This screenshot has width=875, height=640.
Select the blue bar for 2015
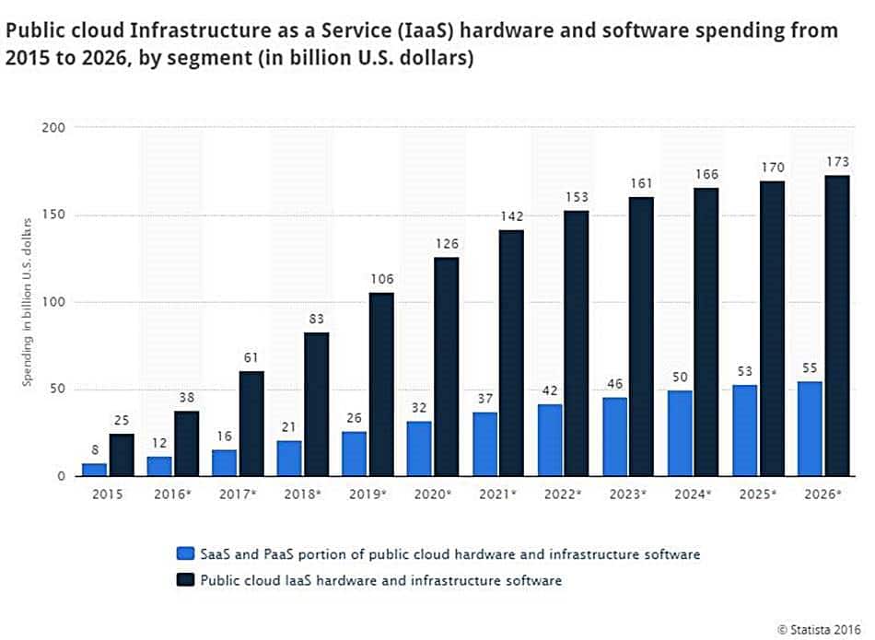pos(94,470)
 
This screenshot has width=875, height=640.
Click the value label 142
pos(512,216)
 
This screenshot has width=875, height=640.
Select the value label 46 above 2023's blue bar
pos(614,384)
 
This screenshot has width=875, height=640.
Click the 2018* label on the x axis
pos(304,495)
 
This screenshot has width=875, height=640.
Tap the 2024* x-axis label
pos(694,495)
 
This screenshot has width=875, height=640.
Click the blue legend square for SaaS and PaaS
pos(184,554)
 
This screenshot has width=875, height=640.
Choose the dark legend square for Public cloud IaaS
pos(184,580)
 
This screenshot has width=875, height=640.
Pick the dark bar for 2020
pos(447,367)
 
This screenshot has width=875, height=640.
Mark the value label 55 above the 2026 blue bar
pos(810,368)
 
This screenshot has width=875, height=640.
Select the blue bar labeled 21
pos(289,459)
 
